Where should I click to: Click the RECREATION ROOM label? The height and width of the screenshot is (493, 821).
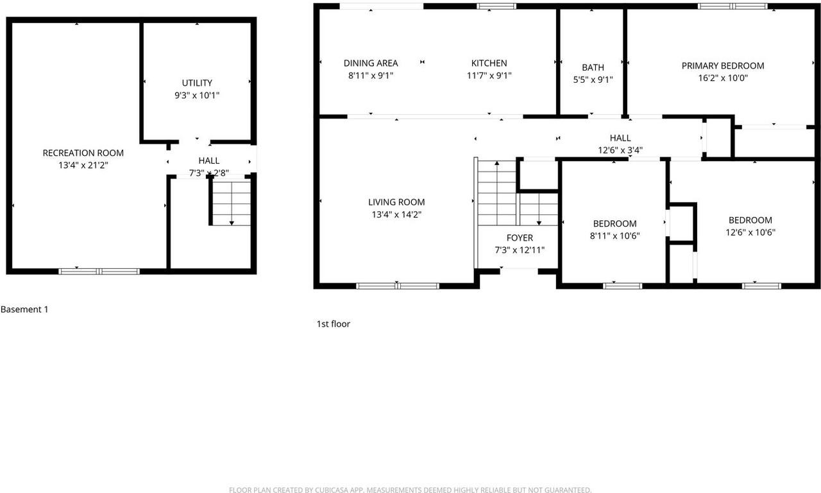(x=83, y=153)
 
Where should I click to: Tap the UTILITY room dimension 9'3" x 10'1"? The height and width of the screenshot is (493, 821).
(x=197, y=95)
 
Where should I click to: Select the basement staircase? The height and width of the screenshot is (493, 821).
(x=231, y=202)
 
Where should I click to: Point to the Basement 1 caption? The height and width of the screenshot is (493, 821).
(x=24, y=309)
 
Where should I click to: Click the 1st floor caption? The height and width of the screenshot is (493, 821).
(x=334, y=324)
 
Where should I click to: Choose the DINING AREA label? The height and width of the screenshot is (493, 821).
(x=371, y=63)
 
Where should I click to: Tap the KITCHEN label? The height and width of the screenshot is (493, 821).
(x=489, y=63)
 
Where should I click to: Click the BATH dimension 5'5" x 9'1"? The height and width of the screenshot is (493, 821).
(x=593, y=80)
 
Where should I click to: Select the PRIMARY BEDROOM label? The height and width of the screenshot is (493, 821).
(x=722, y=65)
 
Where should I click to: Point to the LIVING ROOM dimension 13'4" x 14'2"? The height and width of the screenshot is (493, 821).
(x=396, y=215)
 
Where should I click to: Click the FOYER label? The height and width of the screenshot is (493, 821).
(x=520, y=238)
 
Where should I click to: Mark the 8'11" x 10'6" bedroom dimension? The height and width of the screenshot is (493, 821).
(x=614, y=236)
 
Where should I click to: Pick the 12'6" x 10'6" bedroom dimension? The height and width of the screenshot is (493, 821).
(x=750, y=232)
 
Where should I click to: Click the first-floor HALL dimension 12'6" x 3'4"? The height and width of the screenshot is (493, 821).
(x=620, y=150)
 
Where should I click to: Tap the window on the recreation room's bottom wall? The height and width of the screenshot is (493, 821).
(x=99, y=271)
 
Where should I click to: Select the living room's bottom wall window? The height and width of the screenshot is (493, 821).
(x=398, y=286)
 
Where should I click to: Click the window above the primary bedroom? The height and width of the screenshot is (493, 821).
(x=732, y=6)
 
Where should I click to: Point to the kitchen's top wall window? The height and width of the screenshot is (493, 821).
(x=496, y=6)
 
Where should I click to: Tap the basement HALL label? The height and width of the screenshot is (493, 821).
(x=208, y=160)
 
